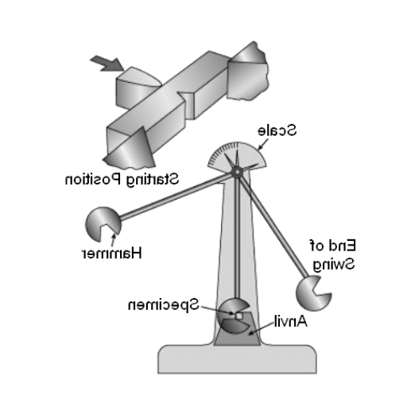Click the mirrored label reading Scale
[x=277, y=130]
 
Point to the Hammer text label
[x=111, y=253]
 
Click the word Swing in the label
[x=334, y=264]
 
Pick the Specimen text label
[x=164, y=305]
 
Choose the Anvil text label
[x=291, y=321]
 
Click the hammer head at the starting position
[x=103, y=224]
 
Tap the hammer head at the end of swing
[x=313, y=293]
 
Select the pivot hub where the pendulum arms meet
[x=237, y=172]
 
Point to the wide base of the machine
[x=237, y=359]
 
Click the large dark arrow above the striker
[x=107, y=64]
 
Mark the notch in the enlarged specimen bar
[x=186, y=106]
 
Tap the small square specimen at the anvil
[x=238, y=316]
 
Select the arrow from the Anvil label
[x=261, y=328]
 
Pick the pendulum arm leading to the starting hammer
[x=176, y=196]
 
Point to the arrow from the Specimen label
[x=217, y=310]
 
